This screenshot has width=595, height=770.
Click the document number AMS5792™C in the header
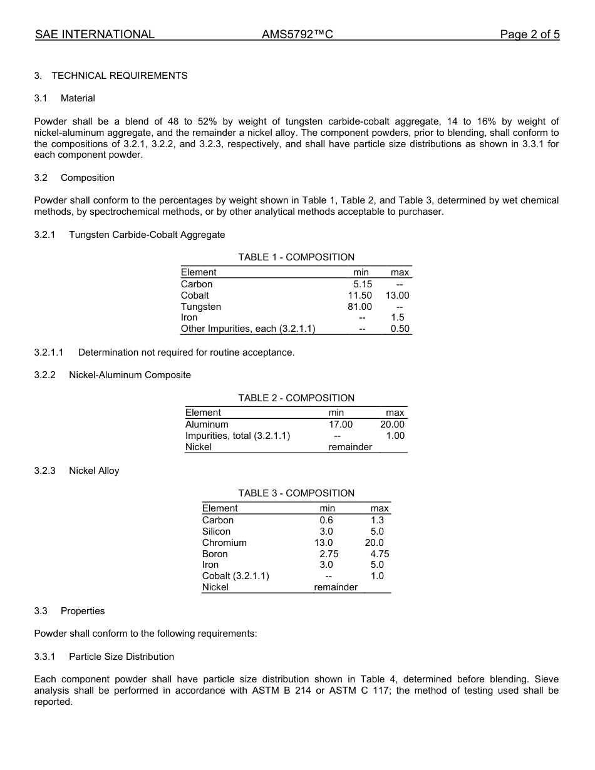pos(297,34)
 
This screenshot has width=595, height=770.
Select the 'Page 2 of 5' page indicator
pos(529,34)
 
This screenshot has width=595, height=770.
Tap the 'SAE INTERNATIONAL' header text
pos(95,34)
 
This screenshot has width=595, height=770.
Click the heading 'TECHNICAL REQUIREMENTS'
pos(119,76)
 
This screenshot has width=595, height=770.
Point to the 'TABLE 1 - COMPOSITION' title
pos(296,257)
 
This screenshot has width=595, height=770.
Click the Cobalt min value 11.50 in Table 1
pos(360,295)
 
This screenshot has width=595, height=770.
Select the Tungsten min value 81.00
pos(360,307)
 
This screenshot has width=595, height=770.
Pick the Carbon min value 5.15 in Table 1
pos(362,284)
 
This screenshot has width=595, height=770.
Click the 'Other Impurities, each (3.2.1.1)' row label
pos(248,329)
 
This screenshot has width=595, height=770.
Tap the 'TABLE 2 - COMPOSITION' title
pos(296,398)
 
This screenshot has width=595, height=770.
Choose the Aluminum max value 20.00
pos(392,424)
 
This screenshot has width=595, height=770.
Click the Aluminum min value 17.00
pos(341,424)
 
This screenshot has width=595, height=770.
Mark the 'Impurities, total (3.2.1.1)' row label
pos(237,436)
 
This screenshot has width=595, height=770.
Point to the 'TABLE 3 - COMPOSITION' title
pos(296,493)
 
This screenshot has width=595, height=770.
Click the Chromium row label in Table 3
pos(224,543)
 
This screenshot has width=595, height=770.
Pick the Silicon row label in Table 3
pos(216,531)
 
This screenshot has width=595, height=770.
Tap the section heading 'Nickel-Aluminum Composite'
pos(130,375)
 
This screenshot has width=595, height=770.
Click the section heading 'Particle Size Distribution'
pos(122,657)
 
